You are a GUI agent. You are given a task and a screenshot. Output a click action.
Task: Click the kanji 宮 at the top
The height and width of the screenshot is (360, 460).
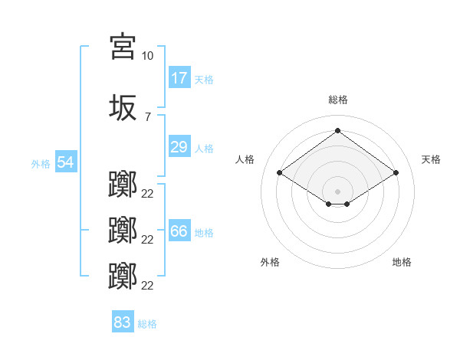click(x=123, y=46)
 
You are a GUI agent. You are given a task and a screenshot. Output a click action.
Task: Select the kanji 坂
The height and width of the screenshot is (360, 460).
click(x=123, y=107)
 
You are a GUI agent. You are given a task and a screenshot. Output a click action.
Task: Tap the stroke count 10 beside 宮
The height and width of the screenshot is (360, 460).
click(x=147, y=56)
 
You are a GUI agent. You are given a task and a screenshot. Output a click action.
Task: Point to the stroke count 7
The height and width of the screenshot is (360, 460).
click(x=148, y=117)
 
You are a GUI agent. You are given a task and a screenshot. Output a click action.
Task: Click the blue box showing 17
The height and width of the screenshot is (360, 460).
click(x=179, y=77)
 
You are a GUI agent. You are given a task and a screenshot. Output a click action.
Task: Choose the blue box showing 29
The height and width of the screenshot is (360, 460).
click(x=179, y=146)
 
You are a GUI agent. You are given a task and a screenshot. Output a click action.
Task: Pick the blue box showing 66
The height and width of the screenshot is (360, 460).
click(x=179, y=230)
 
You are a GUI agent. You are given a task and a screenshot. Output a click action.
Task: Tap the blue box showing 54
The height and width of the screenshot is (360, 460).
click(x=66, y=162)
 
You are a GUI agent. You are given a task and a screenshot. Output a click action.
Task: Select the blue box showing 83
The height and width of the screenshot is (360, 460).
click(x=123, y=321)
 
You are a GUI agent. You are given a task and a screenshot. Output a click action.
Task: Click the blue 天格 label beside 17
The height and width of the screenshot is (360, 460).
click(x=204, y=80)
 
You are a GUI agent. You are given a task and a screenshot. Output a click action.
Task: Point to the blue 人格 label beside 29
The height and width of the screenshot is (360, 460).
click(x=204, y=149)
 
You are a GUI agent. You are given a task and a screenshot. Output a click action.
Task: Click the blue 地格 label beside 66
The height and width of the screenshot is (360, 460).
click(x=204, y=233)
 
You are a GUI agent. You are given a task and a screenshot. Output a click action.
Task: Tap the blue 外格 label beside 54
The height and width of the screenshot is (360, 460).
click(x=41, y=164)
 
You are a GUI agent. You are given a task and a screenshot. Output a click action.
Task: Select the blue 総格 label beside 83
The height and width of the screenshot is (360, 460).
click(x=147, y=324)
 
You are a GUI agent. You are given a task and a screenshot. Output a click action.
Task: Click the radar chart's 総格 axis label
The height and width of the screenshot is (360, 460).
click(x=338, y=100)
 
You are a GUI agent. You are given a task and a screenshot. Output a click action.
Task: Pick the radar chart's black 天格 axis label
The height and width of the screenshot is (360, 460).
click(x=431, y=159)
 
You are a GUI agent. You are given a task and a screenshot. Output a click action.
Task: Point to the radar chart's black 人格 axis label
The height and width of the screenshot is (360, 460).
click(x=245, y=159)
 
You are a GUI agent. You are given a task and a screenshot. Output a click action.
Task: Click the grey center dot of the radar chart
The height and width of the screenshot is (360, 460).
click(x=337, y=191)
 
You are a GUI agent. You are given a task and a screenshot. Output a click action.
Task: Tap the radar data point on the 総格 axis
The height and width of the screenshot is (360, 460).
click(x=337, y=130)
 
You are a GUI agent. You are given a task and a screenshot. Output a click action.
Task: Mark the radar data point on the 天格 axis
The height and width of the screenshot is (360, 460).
click(x=396, y=172)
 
